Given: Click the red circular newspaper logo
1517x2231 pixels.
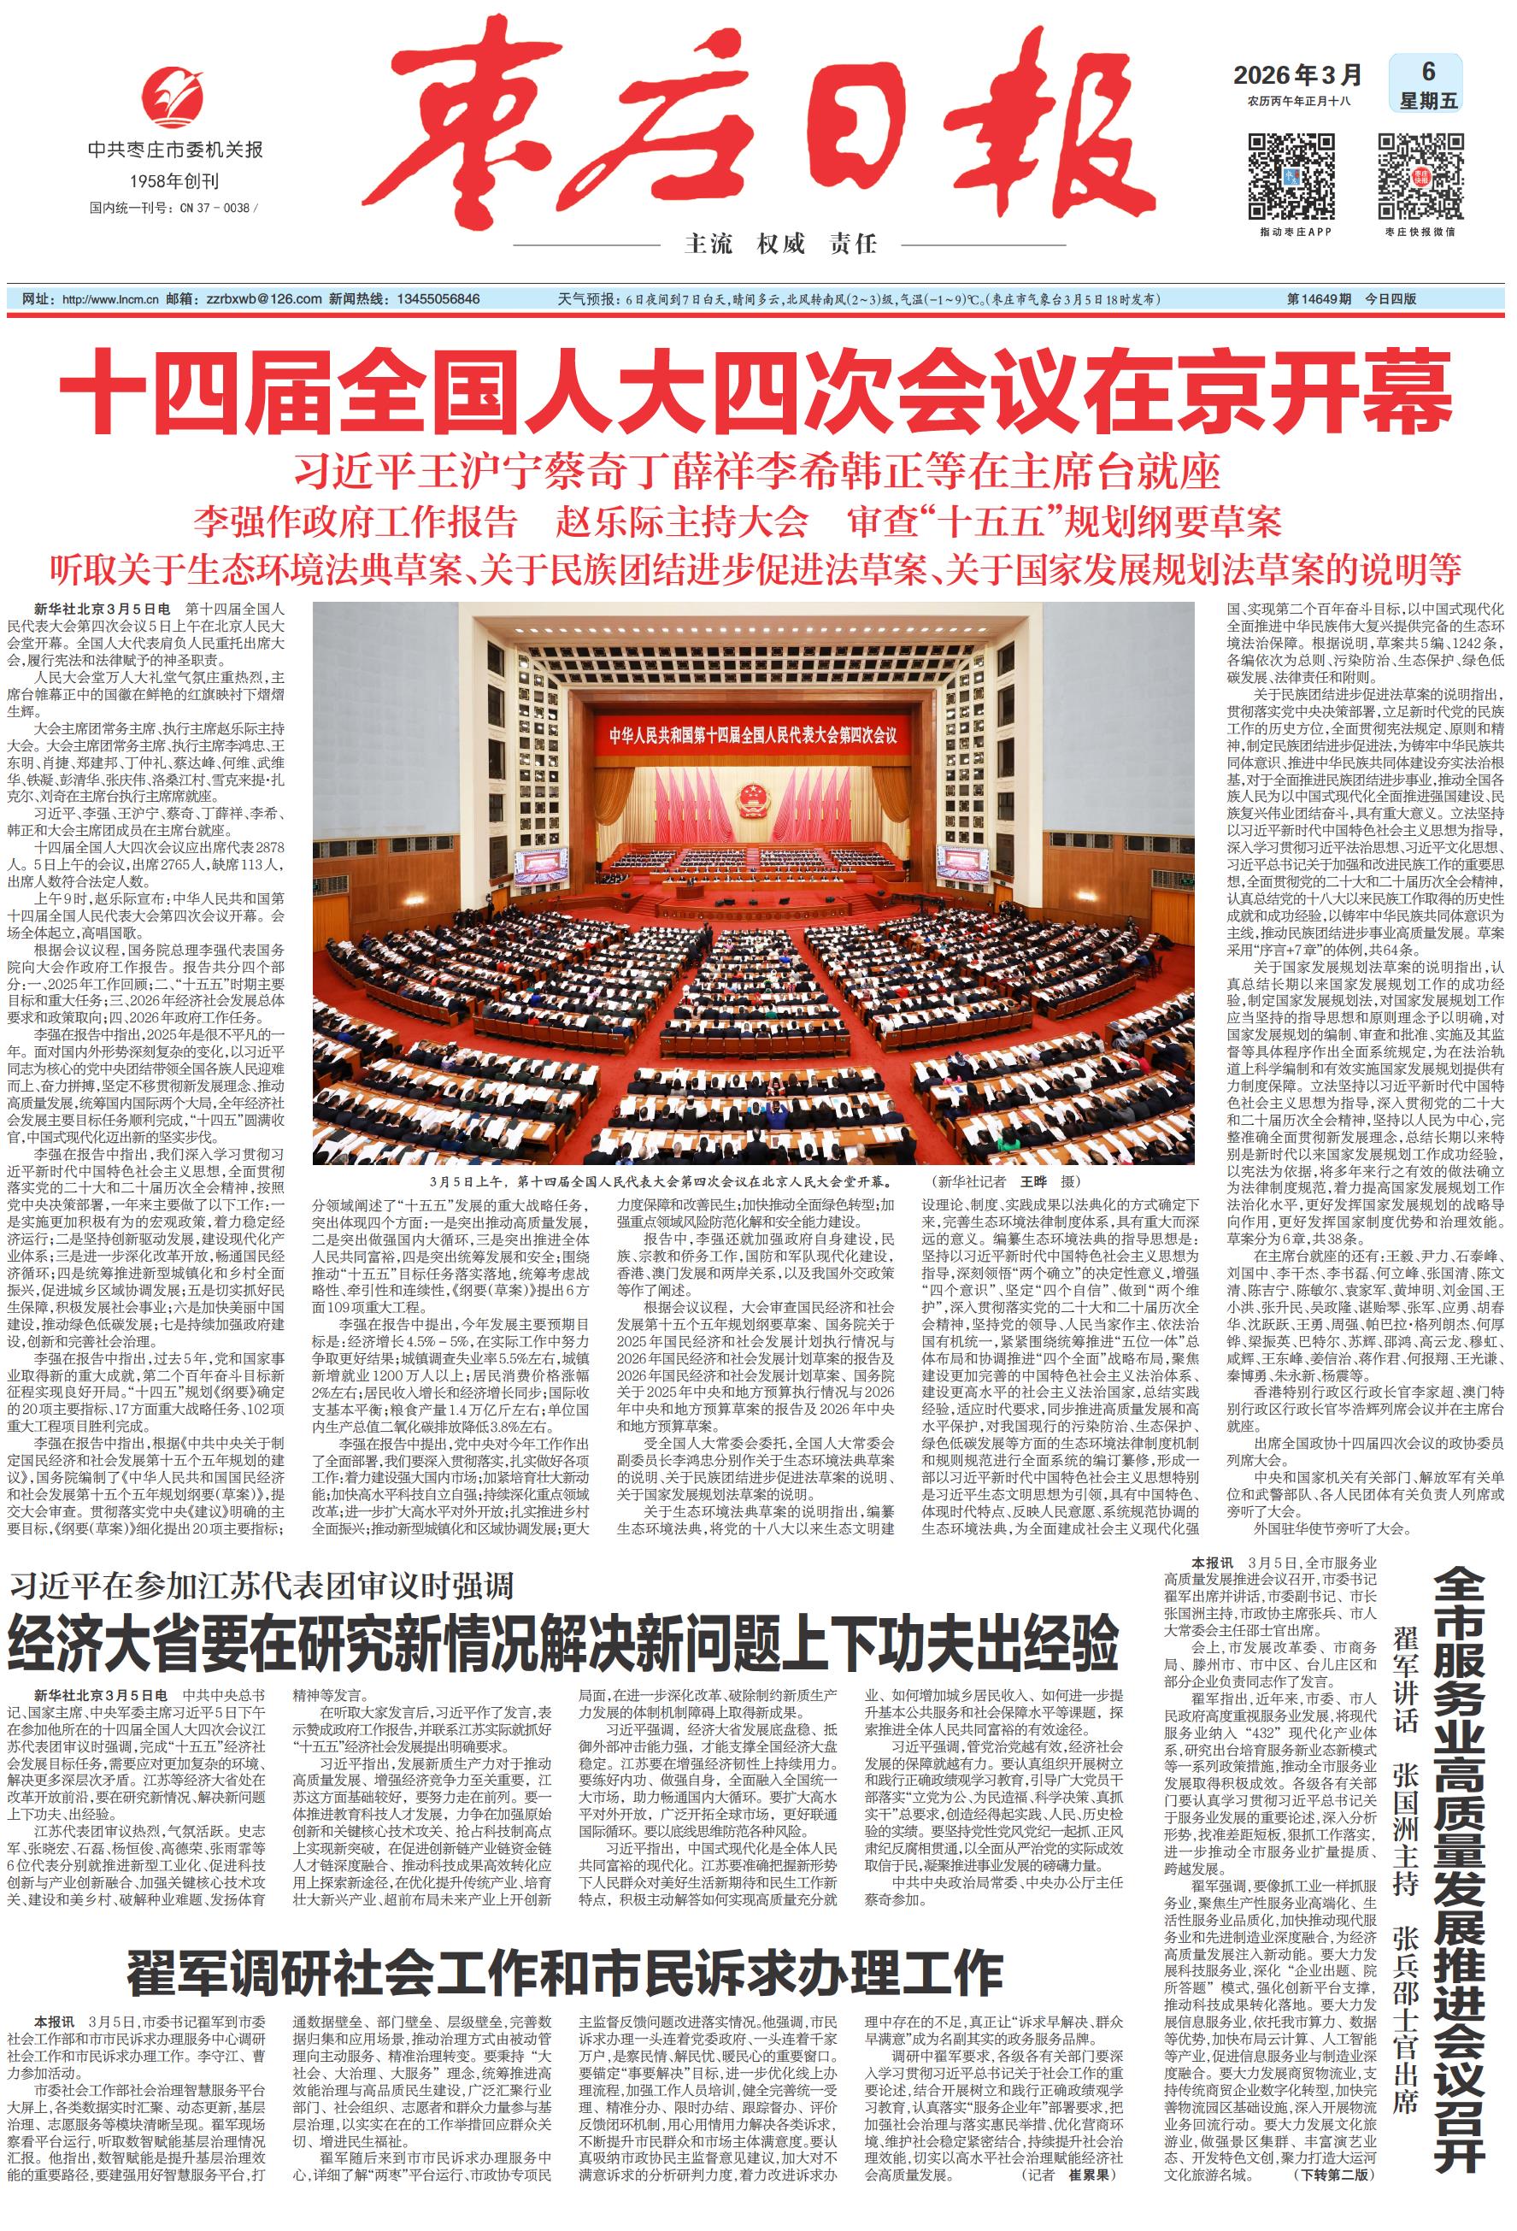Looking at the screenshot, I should [x=173, y=95].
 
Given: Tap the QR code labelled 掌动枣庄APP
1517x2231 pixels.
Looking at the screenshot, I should [x=1291, y=178].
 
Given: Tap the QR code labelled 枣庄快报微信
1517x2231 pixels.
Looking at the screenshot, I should [x=1421, y=178].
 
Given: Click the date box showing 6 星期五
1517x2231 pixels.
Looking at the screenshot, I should [x=1426, y=85].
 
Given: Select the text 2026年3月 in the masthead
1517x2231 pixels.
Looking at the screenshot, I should [x=1297, y=74].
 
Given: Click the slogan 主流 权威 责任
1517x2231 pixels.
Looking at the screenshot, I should [x=779, y=244].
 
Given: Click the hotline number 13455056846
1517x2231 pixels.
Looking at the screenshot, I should [x=437, y=299].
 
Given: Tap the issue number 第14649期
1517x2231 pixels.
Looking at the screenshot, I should [x=1318, y=299].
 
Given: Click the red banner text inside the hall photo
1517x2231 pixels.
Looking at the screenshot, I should [x=753, y=736].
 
